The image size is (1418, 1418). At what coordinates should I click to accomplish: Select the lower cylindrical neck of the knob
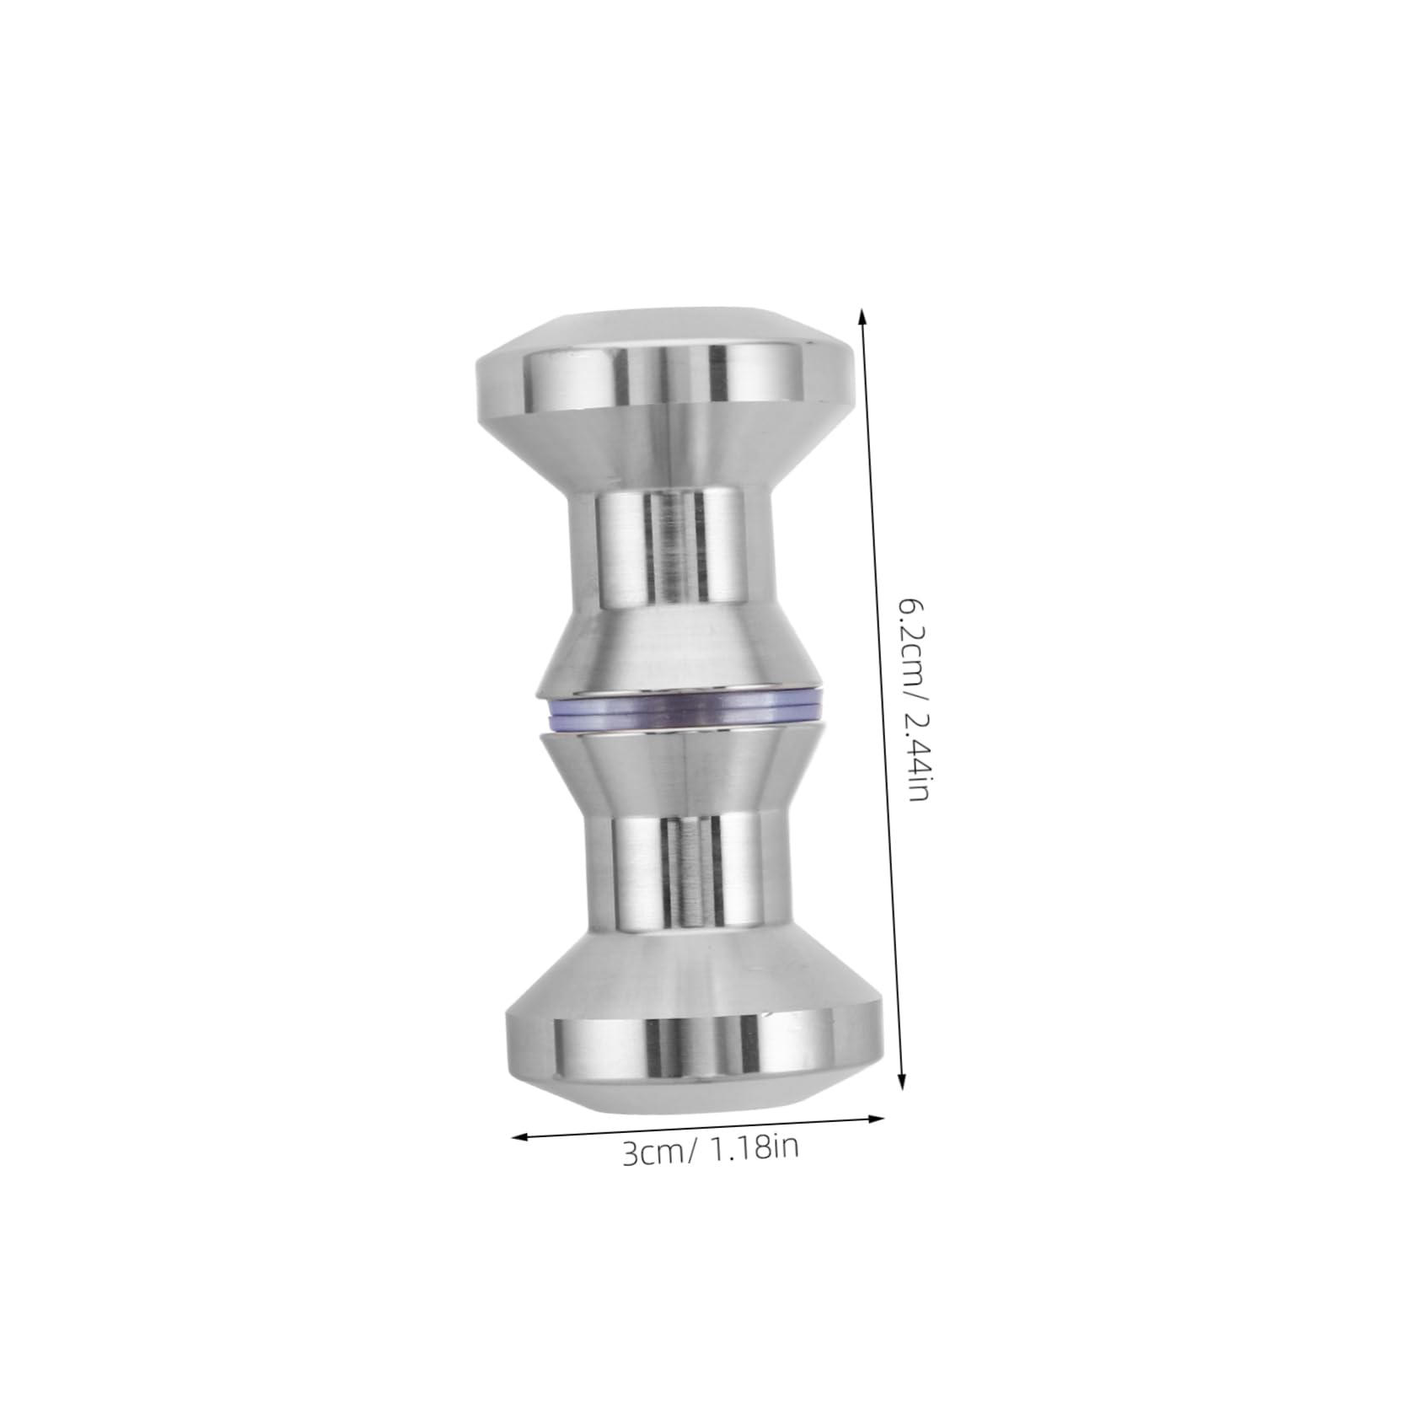point(688,868)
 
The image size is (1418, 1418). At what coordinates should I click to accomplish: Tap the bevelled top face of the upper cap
point(666,329)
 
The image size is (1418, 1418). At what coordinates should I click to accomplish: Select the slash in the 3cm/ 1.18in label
point(693,1150)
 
